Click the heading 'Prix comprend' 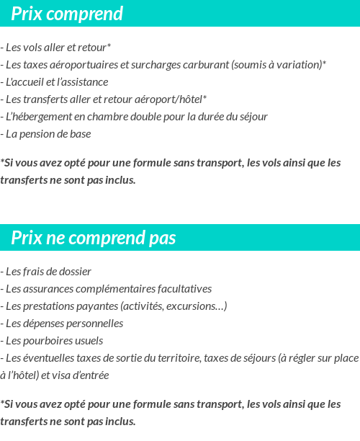coord(67,14)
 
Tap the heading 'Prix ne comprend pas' coord(93,238)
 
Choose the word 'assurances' coord(49,289)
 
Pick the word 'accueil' coord(27,82)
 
